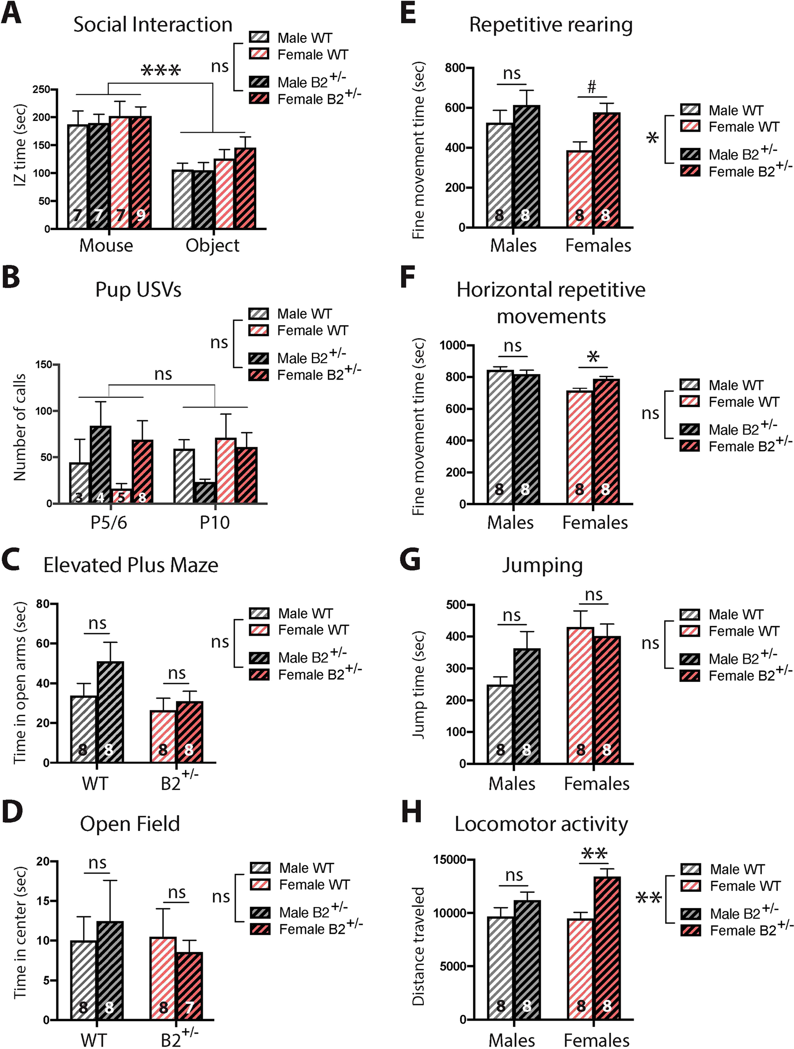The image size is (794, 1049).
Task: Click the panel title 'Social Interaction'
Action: coord(153,25)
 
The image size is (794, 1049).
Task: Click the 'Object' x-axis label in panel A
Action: coord(212,245)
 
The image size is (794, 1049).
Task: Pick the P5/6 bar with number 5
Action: coord(121,496)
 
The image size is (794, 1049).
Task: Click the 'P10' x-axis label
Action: coord(215,522)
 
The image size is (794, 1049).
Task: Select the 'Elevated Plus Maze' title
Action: coord(131,565)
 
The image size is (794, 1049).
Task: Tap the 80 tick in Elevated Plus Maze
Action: coord(43,604)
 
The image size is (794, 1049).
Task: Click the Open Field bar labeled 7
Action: coord(189,986)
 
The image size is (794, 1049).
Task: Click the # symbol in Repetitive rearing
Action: coord(592,87)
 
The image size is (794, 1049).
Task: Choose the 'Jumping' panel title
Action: coord(542,565)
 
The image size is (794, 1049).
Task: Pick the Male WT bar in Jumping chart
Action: coord(501,723)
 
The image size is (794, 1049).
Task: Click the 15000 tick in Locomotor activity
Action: coord(449,860)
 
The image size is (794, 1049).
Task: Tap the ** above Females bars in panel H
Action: coord(594,854)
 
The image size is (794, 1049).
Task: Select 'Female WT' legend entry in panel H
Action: coord(745,886)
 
